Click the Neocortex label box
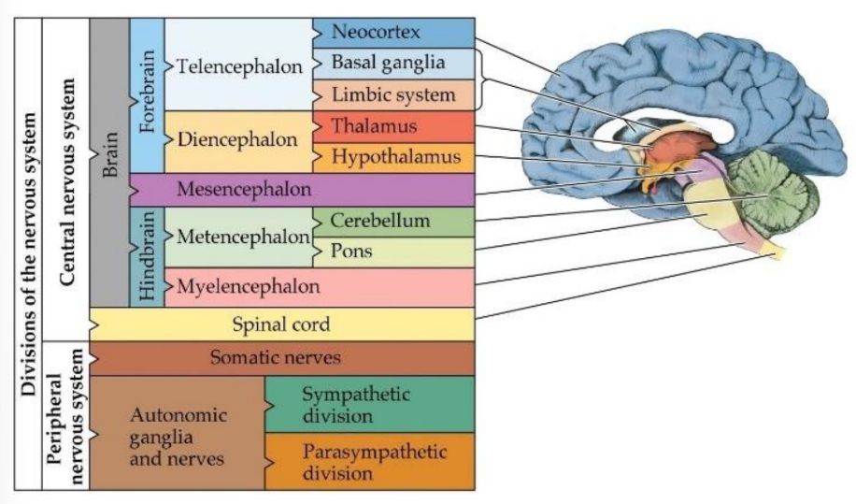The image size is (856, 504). click(x=393, y=32)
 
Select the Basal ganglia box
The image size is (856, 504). click(x=393, y=64)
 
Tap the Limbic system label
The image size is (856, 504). click(x=393, y=95)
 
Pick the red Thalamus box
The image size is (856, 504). click(x=393, y=126)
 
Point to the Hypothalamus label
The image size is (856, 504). click(x=393, y=157)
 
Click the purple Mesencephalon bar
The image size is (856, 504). click(x=301, y=190)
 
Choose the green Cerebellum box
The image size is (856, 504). click(x=393, y=222)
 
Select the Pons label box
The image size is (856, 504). click(x=393, y=252)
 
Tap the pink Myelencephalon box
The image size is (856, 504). click(x=318, y=285)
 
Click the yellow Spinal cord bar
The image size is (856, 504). click(x=281, y=324)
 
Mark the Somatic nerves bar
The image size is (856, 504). click(x=281, y=358)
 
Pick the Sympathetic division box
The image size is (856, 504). click(x=369, y=404)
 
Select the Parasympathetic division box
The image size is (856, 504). click(x=369, y=461)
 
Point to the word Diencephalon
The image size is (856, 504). click(x=238, y=140)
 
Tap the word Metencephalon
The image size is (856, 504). click(x=240, y=237)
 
